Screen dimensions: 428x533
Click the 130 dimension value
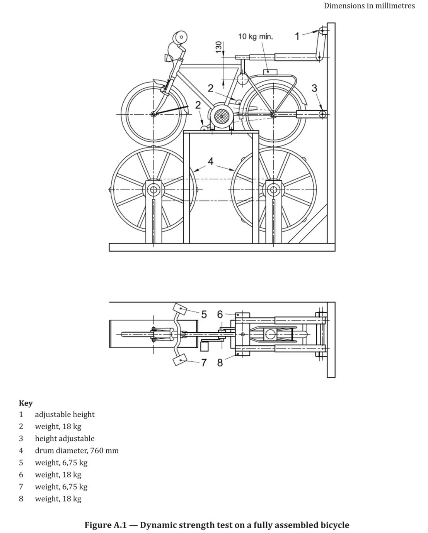pyautogui.click(x=218, y=47)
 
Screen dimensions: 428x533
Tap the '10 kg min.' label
pyautogui.click(x=255, y=37)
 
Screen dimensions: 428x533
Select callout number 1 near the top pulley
pyautogui.click(x=297, y=36)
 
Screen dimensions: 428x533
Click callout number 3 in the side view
pyautogui.click(x=314, y=88)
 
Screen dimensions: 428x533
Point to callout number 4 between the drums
pyautogui.click(x=211, y=161)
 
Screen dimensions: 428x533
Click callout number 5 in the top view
pyautogui.click(x=204, y=314)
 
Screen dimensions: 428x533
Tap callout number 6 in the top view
pyautogui.click(x=220, y=314)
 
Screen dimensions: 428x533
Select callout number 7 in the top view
pyautogui.click(x=204, y=362)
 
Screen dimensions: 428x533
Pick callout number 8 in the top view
pyautogui.click(x=220, y=362)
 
